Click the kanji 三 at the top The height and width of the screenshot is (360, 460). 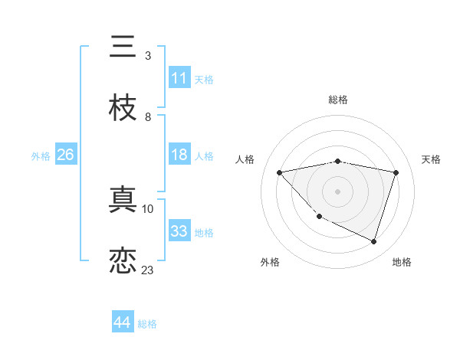pos(123,47)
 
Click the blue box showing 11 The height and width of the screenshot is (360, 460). pos(179,78)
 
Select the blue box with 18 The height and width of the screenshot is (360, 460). pos(179,155)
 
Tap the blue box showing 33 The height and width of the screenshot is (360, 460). pos(179,231)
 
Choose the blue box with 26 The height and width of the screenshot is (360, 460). pos(65,155)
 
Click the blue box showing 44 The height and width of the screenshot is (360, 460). pos(122,322)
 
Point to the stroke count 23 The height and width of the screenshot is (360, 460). pos(147,270)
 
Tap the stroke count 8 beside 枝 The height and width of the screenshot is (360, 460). pos(147,116)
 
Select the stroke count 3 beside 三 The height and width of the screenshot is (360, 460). pos(147,56)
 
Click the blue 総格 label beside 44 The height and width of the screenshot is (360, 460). pos(147,324)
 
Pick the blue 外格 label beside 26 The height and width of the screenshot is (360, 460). pos(41,155)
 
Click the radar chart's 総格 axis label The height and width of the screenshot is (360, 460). pos(337,100)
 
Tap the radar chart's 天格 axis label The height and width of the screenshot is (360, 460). pos(431,159)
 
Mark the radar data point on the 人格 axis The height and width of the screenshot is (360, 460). pos(280,172)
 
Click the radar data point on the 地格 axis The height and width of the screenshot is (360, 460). pos(373,241)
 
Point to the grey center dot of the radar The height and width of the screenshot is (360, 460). pos(337,191)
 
